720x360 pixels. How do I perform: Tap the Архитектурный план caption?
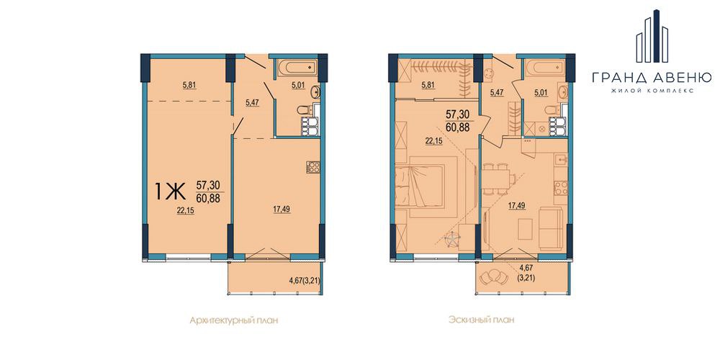234,320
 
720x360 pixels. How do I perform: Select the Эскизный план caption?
481,320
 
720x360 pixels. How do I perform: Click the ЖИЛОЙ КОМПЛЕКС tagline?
652,91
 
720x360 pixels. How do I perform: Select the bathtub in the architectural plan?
297,68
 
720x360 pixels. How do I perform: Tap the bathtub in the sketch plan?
545,68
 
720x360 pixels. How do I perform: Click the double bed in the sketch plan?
421,186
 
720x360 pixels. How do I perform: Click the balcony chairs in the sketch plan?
492,276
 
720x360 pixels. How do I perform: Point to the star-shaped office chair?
453,239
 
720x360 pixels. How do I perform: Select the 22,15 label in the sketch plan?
433,142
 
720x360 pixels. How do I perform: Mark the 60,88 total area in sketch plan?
457,127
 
